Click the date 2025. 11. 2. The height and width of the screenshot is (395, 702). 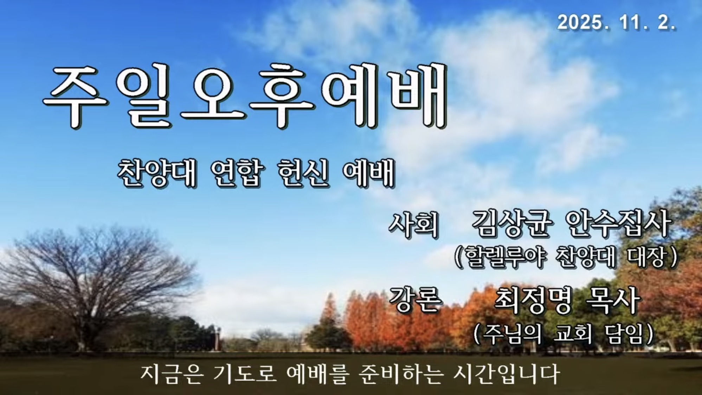click(617, 23)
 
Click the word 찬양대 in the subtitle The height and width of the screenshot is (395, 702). click(157, 173)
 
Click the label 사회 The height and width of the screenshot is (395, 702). click(414, 225)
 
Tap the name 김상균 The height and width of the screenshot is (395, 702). click(510, 224)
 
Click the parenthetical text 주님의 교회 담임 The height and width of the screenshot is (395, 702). click(563, 334)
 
